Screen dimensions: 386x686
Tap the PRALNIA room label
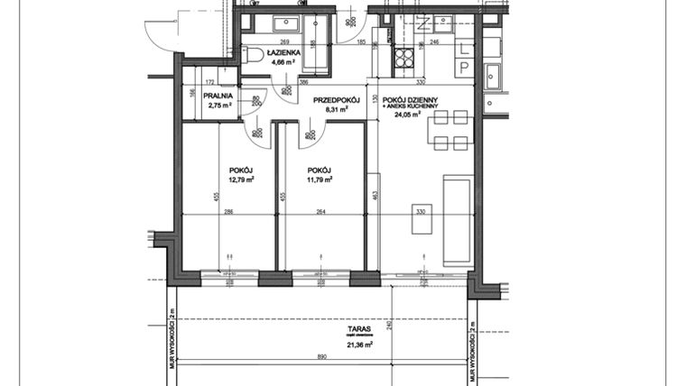pyautogui.click(x=219, y=95)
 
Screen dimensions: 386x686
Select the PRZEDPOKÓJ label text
pyautogui.click(x=337, y=101)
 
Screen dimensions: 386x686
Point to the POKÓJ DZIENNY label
pyautogui.click(x=409, y=98)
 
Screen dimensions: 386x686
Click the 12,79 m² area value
pyautogui.click(x=241, y=179)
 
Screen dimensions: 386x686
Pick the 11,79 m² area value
pyautogui.click(x=319, y=179)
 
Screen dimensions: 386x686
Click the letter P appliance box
pyautogui.click(x=463, y=67)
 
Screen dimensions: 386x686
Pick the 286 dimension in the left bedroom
pyautogui.click(x=229, y=212)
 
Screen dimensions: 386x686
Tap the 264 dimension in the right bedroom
pyautogui.click(x=320, y=212)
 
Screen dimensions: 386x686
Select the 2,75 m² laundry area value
pyautogui.click(x=219, y=106)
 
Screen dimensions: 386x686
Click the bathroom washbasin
pyautogui.click(x=291, y=22)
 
